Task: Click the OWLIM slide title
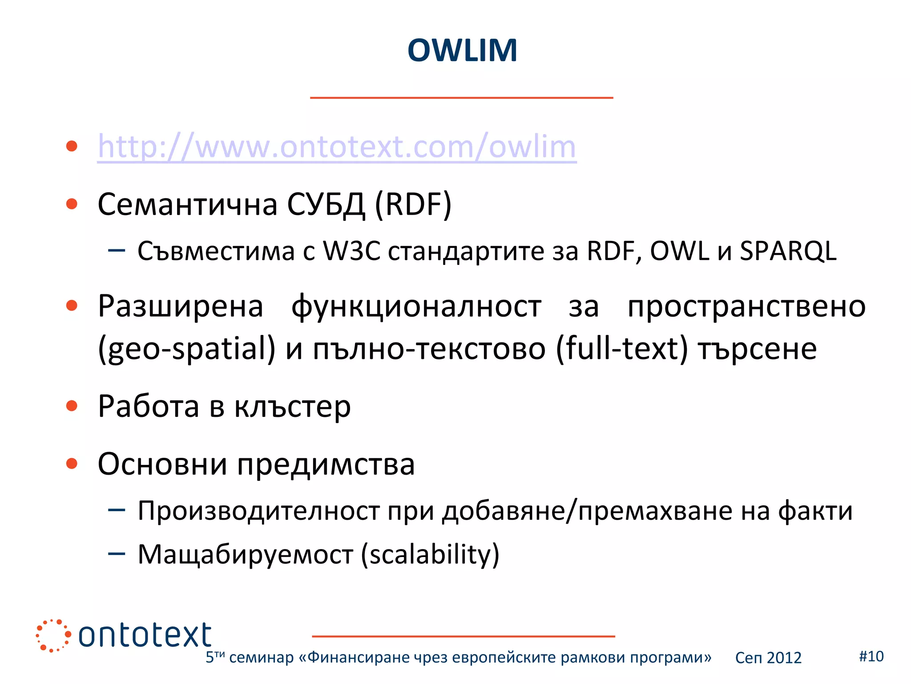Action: (462, 50)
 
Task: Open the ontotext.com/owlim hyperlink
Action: (337, 147)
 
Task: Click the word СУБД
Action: (326, 205)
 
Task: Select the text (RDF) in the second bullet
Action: (413, 205)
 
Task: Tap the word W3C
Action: (351, 251)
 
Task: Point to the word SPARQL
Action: (788, 251)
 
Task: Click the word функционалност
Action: (416, 306)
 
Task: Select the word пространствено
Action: (746, 306)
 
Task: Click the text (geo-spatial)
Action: (187, 349)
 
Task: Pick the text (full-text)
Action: (622, 349)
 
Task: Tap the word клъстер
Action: (292, 407)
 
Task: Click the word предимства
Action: (326, 464)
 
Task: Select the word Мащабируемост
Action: (246, 554)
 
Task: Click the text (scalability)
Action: (430, 554)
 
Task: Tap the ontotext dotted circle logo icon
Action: (53, 635)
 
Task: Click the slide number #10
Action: (871, 656)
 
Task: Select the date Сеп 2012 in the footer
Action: (768, 658)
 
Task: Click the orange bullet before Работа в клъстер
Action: (72, 406)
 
